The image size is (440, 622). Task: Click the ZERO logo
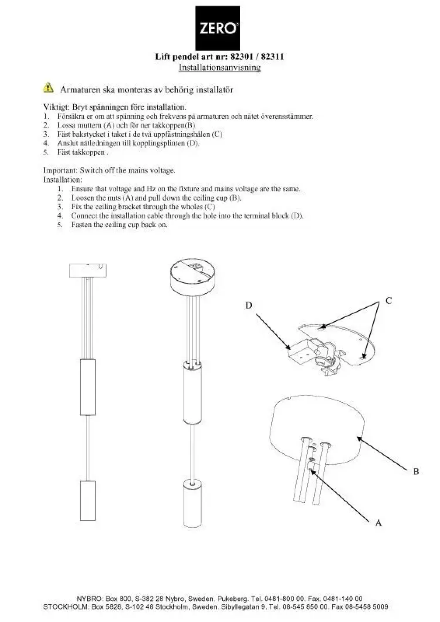(218, 28)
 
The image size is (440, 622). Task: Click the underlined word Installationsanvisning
(220, 67)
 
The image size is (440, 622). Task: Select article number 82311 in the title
(272, 56)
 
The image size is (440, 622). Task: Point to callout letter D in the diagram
(249, 305)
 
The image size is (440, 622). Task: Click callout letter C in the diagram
(389, 301)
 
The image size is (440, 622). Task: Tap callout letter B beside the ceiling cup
(416, 471)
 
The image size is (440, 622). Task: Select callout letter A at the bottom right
(378, 523)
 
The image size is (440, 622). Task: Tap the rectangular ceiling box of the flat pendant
(88, 270)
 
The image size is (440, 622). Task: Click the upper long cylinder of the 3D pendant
(192, 393)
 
